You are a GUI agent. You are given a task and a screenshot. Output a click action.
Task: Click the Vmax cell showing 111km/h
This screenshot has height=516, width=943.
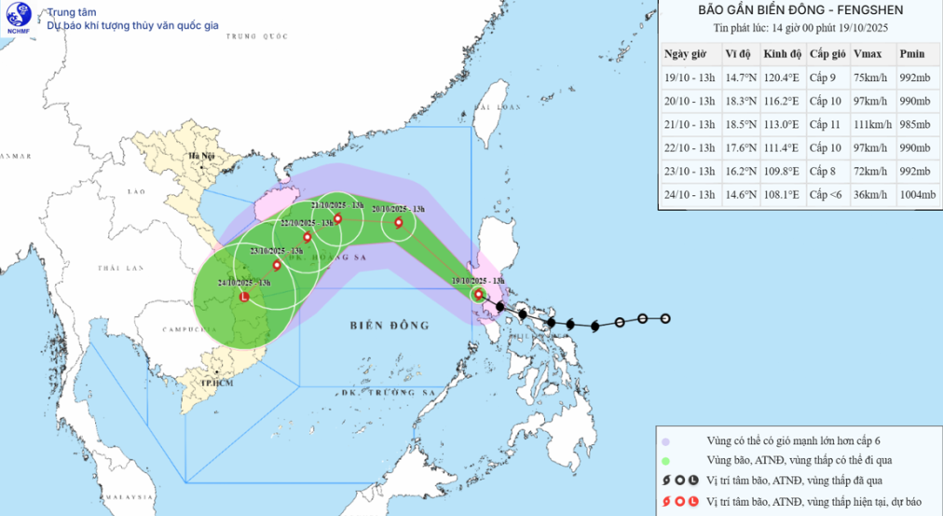pos(872,124)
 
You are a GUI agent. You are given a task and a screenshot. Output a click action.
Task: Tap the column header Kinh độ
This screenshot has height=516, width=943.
pos(781,54)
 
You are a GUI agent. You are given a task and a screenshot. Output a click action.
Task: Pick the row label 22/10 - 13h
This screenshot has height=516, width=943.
pos(689,147)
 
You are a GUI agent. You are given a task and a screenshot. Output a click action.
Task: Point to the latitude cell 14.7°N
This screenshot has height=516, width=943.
pos(739,77)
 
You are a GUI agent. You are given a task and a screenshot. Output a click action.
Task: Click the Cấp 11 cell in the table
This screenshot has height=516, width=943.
pos(827,124)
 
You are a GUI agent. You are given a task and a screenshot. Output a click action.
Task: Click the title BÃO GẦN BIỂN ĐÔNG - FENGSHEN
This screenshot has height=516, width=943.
pos(799,11)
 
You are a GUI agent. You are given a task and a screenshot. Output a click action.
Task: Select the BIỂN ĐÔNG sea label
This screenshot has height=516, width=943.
pos(389,326)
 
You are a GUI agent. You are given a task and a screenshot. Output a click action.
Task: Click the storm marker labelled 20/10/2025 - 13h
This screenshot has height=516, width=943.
pos(399,222)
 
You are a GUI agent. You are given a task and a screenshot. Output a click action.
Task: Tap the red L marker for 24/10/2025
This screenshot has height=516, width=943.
pos(244,298)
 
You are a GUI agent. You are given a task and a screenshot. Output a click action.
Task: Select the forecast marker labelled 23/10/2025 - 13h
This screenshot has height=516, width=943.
pos(277,265)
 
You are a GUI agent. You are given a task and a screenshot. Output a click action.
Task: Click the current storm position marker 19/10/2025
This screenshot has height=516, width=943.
pos(478,295)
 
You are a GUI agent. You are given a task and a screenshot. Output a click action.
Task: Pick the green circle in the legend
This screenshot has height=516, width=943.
pos(665,461)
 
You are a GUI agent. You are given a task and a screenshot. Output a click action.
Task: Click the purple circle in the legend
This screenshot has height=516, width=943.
pos(665,441)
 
